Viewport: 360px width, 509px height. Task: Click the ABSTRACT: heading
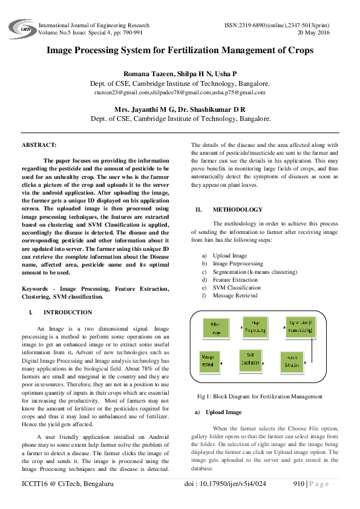39,145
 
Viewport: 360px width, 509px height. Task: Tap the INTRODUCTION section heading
68,313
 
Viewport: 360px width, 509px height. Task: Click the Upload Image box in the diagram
216,328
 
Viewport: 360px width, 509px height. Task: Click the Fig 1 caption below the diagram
260,397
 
